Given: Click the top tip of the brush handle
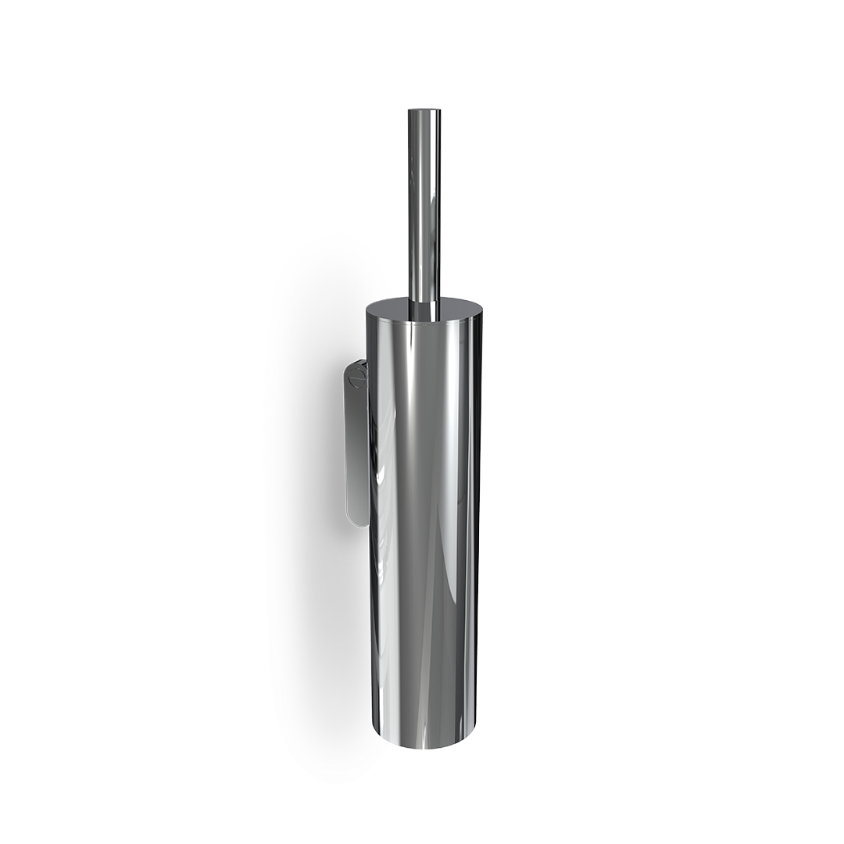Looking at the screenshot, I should coord(424,111).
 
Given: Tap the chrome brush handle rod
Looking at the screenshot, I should coord(424,203).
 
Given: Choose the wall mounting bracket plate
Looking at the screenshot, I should coord(356,445).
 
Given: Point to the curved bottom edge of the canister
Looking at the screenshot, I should coord(424,746).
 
